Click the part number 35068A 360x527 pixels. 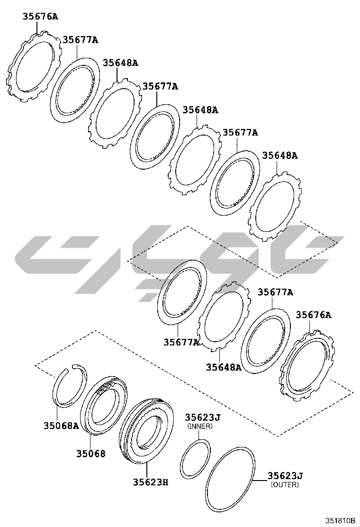[x=61, y=426]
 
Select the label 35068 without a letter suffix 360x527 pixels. [x=90, y=454]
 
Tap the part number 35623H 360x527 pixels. [x=151, y=482]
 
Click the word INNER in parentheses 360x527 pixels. [x=200, y=426]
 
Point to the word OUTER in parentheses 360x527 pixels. [x=285, y=485]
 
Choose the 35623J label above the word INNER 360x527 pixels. [x=203, y=418]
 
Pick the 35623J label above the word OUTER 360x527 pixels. [x=285, y=476]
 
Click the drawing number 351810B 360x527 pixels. [x=340, y=520]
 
